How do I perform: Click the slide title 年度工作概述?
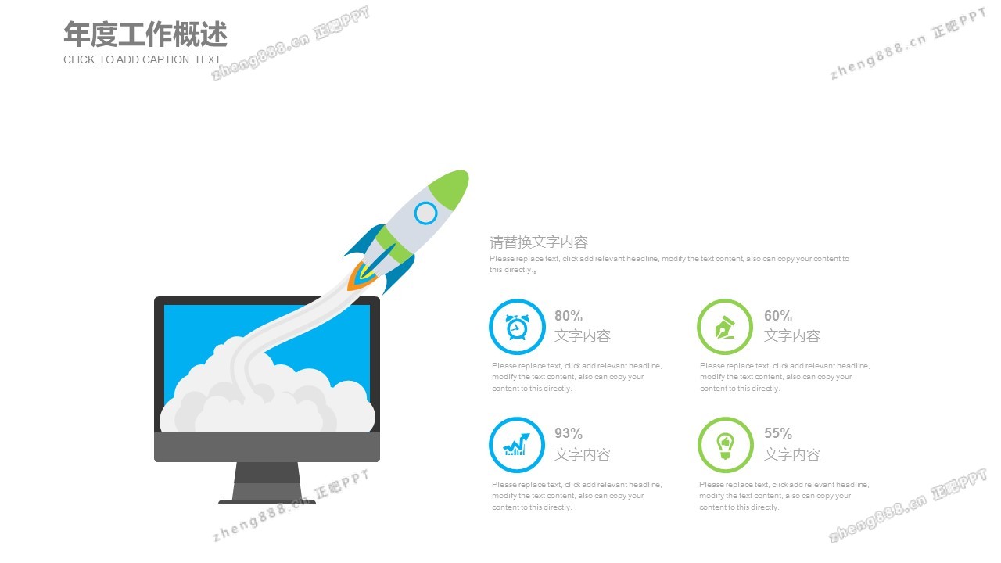pyautogui.click(x=145, y=34)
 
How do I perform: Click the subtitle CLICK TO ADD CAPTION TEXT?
pyautogui.click(x=142, y=59)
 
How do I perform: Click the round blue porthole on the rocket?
pyautogui.click(x=425, y=213)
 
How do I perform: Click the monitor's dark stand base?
pyautogui.click(x=267, y=501)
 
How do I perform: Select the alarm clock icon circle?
pyautogui.click(x=517, y=327)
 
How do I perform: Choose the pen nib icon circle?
pyautogui.click(x=725, y=327)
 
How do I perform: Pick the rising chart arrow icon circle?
pyautogui.click(x=517, y=445)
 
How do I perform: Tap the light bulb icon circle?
pyautogui.click(x=725, y=445)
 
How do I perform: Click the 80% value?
pyautogui.click(x=569, y=316)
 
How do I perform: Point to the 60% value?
pyautogui.click(x=778, y=316)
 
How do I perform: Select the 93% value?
pyautogui.click(x=569, y=433)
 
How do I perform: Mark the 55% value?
pyautogui.click(x=778, y=433)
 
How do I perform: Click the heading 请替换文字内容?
pyautogui.click(x=539, y=242)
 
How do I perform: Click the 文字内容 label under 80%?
pyautogui.click(x=583, y=336)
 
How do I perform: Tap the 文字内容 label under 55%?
pyautogui.click(x=792, y=455)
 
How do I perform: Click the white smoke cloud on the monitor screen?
pyautogui.click(x=267, y=398)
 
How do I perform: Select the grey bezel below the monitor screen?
pyautogui.click(x=267, y=446)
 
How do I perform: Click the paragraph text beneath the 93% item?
pyautogui.click(x=577, y=496)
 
